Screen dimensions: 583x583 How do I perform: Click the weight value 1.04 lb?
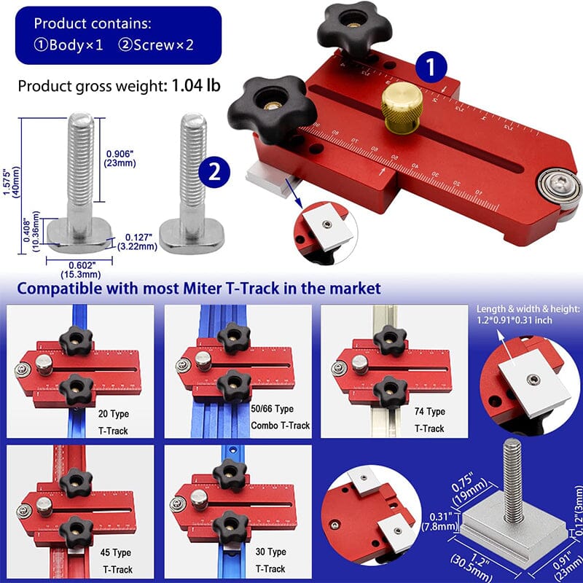click(196, 85)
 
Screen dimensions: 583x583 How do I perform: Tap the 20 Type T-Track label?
click(112, 422)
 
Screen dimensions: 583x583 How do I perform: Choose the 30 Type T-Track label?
click(272, 561)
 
